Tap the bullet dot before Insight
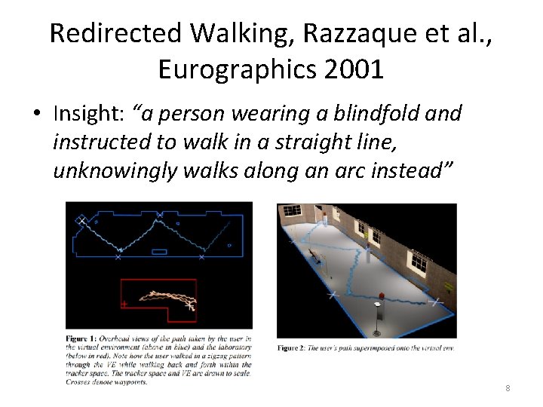click(x=36, y=115)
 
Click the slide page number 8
click(x=508, y=388)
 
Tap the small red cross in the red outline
click(x=124, y=304)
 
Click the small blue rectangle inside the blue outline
click(x=159, y=252)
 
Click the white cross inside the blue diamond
click(x=81, y=220)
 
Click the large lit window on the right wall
click(x=418, y=261)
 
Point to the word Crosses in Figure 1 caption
click(x=81, y=382)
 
